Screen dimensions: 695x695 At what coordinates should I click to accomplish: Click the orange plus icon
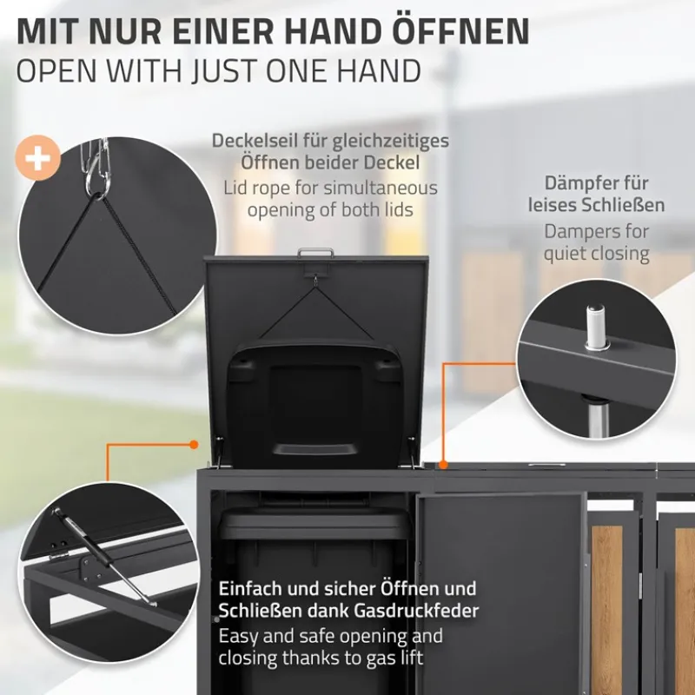(x=37, y=158)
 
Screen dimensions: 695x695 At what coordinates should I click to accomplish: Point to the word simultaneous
(x=381, y=189)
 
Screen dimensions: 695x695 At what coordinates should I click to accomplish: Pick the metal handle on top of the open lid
(x=315, y=252)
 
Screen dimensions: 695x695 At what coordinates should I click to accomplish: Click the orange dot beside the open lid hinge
(x=194, y=444)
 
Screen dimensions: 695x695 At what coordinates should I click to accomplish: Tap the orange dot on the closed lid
(x=443, y=465)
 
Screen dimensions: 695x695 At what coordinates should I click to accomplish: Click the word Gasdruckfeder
(x=417, y=612)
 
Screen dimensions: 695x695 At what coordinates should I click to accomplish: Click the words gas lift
(x=395, y=659)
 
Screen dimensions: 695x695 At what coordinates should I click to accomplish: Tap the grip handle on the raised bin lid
(x=315, y=450)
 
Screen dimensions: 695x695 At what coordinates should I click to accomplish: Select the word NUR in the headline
(x=125, y=30)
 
